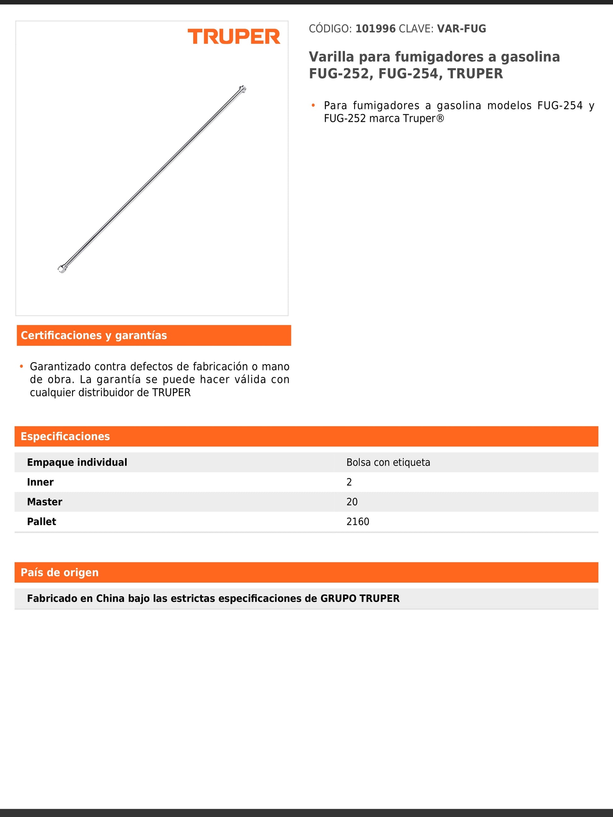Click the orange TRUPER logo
(x=234, y=37)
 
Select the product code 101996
(x=375, y=29)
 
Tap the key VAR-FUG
(x=461, y=29)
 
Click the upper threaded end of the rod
(x=242, y=89)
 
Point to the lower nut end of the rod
(x=62, y=269)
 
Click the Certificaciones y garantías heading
(x=94, y=335)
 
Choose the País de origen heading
(x=60, y=572)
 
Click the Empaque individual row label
(x=77, y=462)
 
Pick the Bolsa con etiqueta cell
(x=388, y=462)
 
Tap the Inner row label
(x=40, y=482)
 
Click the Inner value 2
(x=349, y=482)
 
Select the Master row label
(x=45, y=502)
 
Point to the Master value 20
(x=352, y=502)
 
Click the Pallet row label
(x=41, y=521)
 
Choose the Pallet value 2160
(x=358, y=521)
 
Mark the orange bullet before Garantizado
(x=21, y=366)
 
